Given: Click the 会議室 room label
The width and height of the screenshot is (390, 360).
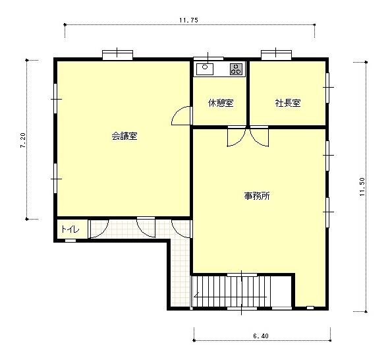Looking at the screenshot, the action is (125, 136).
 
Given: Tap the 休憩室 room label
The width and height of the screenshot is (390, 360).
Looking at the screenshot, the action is (221, 103).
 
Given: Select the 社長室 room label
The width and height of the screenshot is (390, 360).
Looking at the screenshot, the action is (288, 103).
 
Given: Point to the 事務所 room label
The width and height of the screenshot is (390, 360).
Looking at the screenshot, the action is (257, 196).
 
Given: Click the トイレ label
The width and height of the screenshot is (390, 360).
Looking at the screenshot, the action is (70, 229).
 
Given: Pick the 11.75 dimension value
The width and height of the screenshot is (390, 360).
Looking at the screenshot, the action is (188, 20).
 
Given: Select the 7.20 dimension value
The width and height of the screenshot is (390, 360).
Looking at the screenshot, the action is (23, 140).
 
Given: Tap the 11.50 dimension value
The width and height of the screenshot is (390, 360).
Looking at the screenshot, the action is (362, 187).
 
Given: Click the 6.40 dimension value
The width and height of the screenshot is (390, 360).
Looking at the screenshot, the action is (261, 336).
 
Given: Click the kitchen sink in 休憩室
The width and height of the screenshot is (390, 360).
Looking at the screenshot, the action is (205, 69).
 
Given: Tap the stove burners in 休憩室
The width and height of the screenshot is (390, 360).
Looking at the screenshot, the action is (236, 69).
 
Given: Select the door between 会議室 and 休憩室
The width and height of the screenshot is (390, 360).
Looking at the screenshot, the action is (182, 116).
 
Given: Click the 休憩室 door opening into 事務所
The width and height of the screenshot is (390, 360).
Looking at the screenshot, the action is (237, 136).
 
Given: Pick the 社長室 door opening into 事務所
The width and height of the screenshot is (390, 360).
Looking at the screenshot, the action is (259, 136).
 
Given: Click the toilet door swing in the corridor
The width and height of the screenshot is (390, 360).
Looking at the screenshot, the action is (99, 229).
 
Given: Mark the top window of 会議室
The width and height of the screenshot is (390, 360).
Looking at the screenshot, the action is (118, 55).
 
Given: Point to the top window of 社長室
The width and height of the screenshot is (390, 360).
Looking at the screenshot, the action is (276, 55).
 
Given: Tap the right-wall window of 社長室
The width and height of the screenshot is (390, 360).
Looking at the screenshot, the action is (327, 88).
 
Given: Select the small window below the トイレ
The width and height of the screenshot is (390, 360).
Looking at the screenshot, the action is (70, 241).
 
